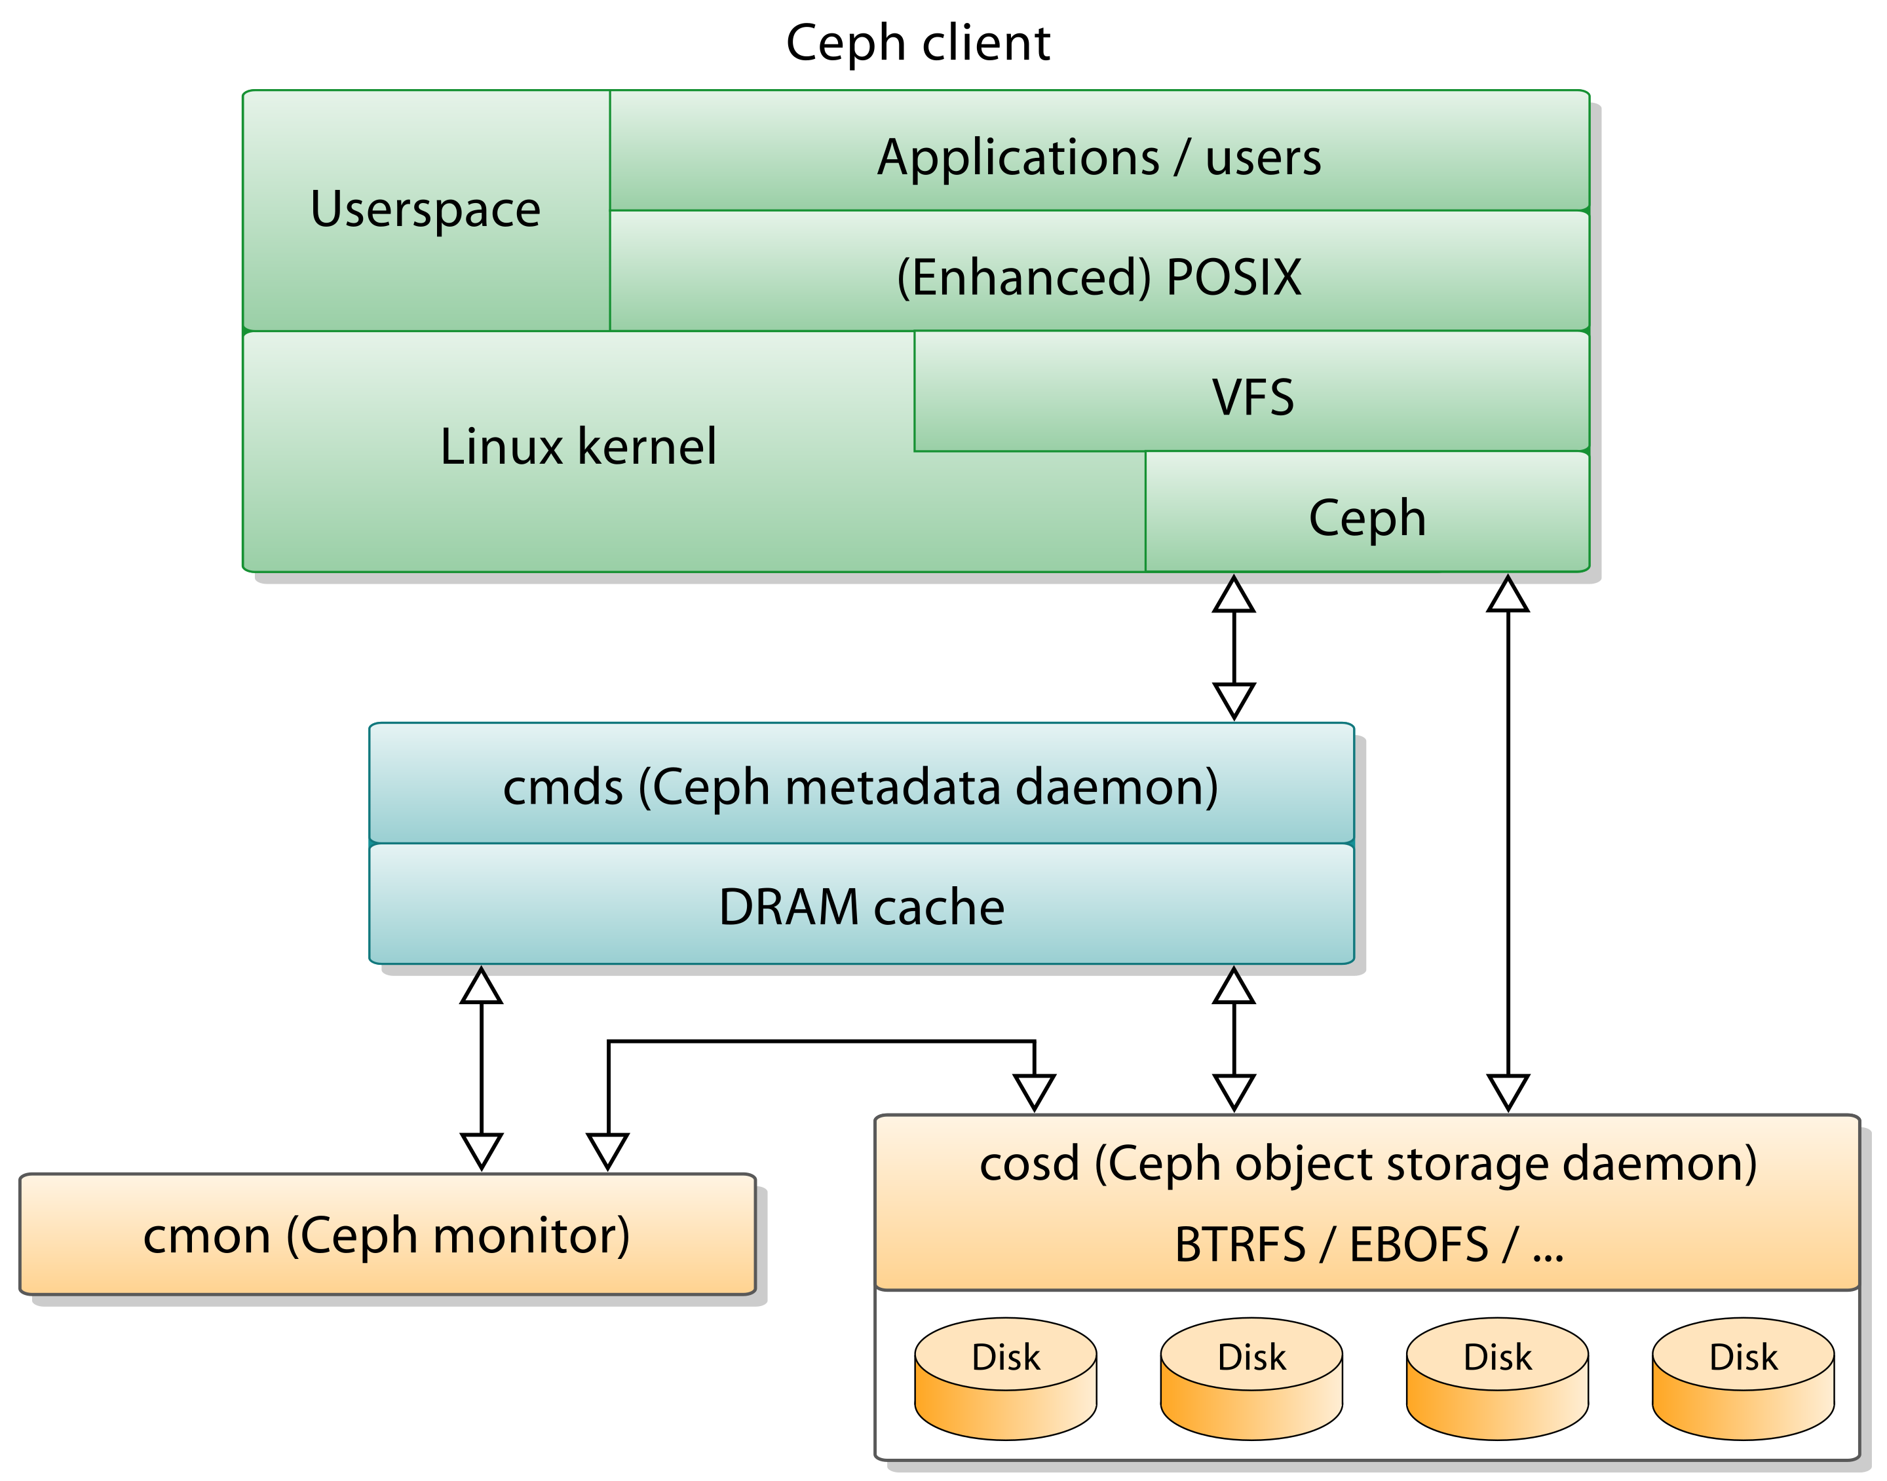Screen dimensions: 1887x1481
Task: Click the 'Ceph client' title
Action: point(917,43)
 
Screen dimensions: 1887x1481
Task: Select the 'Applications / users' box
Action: point(1099,150)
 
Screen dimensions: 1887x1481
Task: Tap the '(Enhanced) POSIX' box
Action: point(1099,271)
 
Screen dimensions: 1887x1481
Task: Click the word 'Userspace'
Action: point(426,209)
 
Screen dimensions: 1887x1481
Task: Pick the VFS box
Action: point(1251,391)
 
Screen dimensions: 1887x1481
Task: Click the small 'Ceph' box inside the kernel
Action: point(1367,512)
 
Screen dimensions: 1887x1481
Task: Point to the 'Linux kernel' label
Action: point(579,447)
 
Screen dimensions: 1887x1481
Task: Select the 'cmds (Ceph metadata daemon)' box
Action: point(861,783)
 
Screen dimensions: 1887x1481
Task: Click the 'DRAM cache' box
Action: point(861,903)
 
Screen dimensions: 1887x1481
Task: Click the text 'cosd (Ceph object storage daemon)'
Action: point(1367,1163)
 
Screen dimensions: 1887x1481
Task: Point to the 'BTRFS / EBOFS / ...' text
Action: point(1369,1245)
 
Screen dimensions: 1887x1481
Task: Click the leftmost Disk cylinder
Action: point(1006,1379)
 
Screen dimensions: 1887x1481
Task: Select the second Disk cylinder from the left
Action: point(1251,1379)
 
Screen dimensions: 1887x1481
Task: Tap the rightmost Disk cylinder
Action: point(1743,1379)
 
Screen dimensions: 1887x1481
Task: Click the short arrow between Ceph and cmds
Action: point(1234,648)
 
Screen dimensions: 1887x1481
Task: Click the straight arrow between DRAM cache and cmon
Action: point(482,1068)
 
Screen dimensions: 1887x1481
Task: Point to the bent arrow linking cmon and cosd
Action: point(821,1041)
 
